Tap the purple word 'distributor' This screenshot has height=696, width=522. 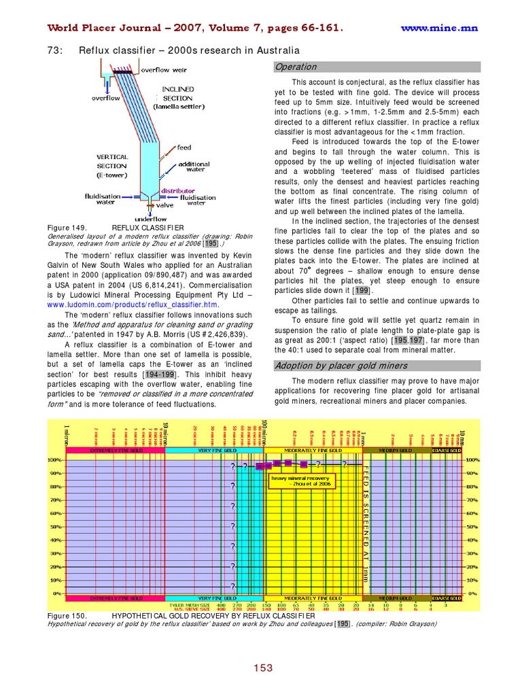(178, 191)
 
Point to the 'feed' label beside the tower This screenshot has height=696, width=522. (184, 147)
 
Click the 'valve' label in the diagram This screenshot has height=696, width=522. (165, 205)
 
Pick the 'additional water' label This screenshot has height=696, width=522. (194, 168)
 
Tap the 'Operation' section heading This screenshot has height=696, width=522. (296, 67)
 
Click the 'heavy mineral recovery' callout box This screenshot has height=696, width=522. (302, 481)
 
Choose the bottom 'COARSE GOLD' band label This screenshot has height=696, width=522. (448, 598)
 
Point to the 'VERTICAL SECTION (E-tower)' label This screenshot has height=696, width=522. (111, 165)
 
